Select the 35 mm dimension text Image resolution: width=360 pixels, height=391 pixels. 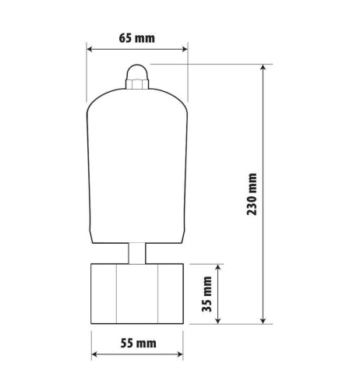pyautogui.click(x=208, y=294)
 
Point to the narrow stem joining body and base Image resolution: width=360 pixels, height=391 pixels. pyautogui.click(x=137, y=253)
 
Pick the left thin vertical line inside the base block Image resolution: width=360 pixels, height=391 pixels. pyautogui.click(x=115, y=294)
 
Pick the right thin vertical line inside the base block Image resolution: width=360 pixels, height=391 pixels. pyautogui.click(x=161, y=294)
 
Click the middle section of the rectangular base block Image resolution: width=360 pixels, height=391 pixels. pyautogui.click(x=137, y=294)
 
